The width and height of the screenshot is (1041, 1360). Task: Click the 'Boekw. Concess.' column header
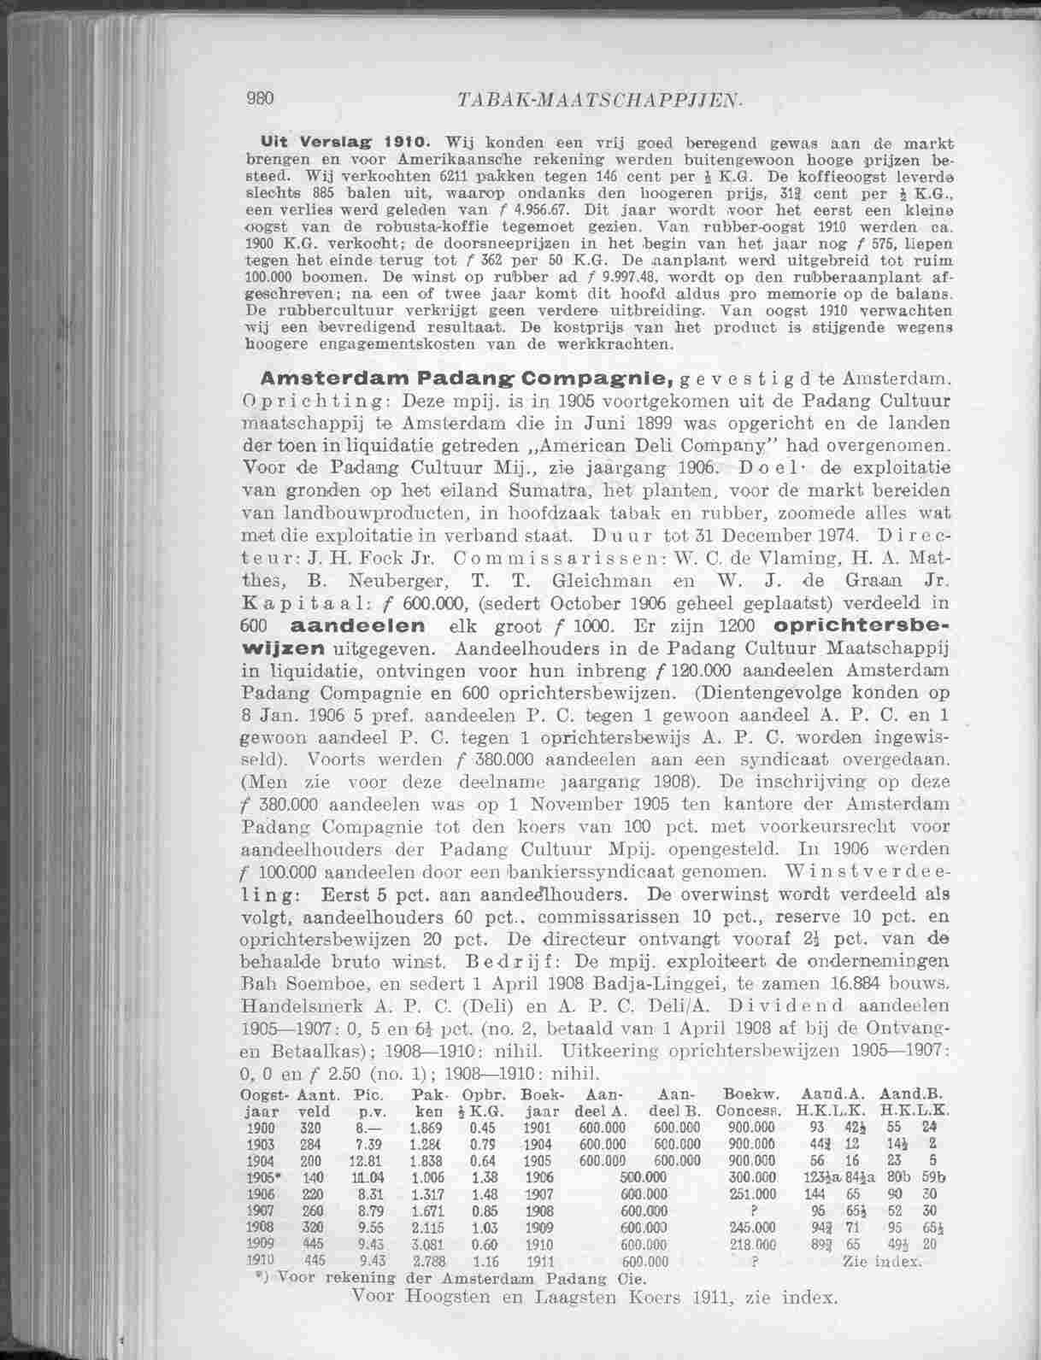click(748, 1102)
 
